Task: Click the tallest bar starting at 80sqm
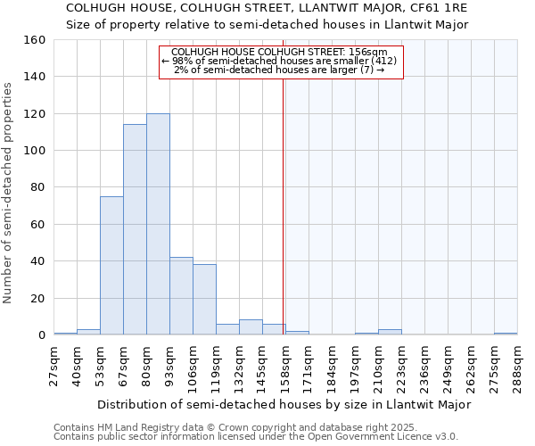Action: point(158,224)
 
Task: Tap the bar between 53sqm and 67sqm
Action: point(111,266)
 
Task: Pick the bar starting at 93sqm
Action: point(181,296)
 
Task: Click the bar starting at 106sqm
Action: point(204,300)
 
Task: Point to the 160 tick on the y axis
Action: point(36,40)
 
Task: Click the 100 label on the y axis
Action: point(36,151)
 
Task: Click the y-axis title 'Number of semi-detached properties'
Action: point(9,187)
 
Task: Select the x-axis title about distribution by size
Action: point(284,404)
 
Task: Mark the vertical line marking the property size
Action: point(283,205)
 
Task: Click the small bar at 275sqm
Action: point(506,334)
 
